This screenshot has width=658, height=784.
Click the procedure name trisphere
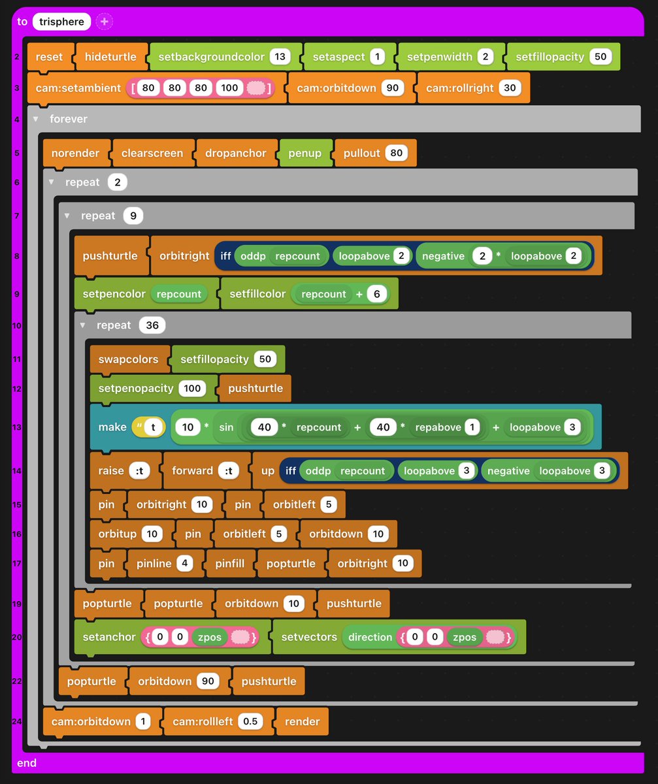point(62,22)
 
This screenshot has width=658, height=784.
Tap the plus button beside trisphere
point(105,22)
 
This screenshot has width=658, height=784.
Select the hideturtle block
point(111,57)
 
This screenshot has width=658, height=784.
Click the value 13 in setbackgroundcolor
point(280,57)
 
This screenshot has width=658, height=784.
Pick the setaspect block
point(338,57)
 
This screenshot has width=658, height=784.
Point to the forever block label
point(68,119)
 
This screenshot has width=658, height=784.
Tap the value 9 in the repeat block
point(133,216)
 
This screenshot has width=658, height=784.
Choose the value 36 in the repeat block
point(152,325)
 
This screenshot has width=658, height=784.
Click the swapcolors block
point(128,359)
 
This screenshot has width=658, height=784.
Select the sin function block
point(227,427)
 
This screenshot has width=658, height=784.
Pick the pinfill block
point(229,563)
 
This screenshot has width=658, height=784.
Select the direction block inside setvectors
point(370,637)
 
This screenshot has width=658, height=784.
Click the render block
point(302,721)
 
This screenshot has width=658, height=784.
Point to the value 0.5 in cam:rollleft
point(250,721)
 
